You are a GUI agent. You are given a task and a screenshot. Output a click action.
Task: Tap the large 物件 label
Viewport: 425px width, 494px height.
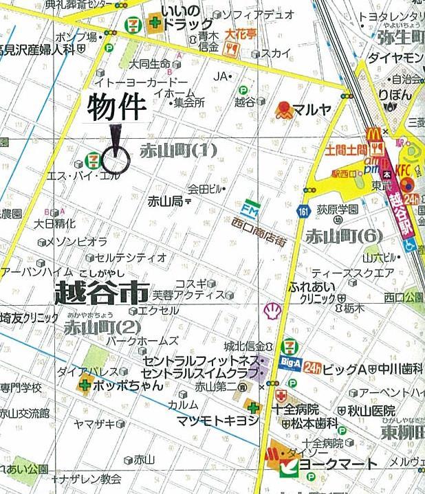(117, 106)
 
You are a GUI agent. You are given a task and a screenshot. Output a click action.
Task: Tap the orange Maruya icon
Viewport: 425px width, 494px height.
(283, 109)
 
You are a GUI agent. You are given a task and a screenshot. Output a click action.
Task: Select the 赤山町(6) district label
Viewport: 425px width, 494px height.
(344, 235)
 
